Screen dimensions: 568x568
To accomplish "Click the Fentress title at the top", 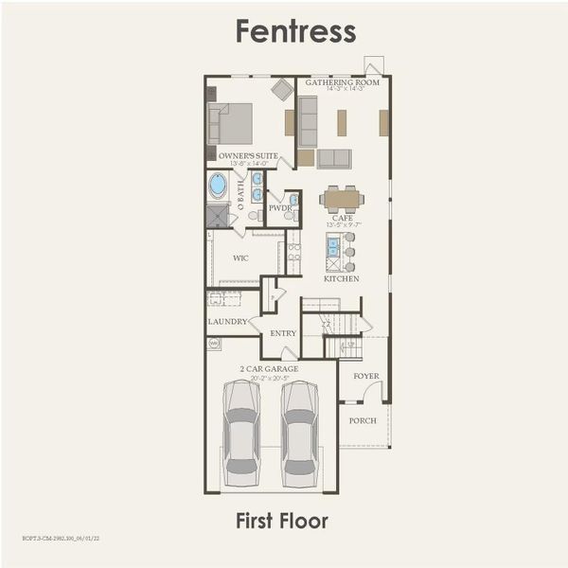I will tap(295, 30).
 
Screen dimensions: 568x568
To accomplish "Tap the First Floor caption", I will tap(282, 521).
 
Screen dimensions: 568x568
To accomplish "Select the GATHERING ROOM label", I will tap(342, 82).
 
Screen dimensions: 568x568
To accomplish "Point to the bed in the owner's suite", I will tap(232, 122).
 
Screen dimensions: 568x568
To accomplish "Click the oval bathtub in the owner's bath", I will tap(218, 185).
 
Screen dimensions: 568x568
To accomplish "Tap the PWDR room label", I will tap(278, 207).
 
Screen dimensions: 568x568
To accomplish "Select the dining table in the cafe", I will tap(342, 199).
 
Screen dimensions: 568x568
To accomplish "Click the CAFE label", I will tap(342, 218).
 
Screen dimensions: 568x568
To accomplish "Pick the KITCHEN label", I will tap(342, 279).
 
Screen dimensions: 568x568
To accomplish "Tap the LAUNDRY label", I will tap(227, 322).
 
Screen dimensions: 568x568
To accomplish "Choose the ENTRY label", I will tap(283, 333).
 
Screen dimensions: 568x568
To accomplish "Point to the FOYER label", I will tap(366, 376).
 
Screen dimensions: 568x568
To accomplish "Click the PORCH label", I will tap(363, 419).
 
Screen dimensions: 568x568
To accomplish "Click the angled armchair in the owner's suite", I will tap(282, 90).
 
